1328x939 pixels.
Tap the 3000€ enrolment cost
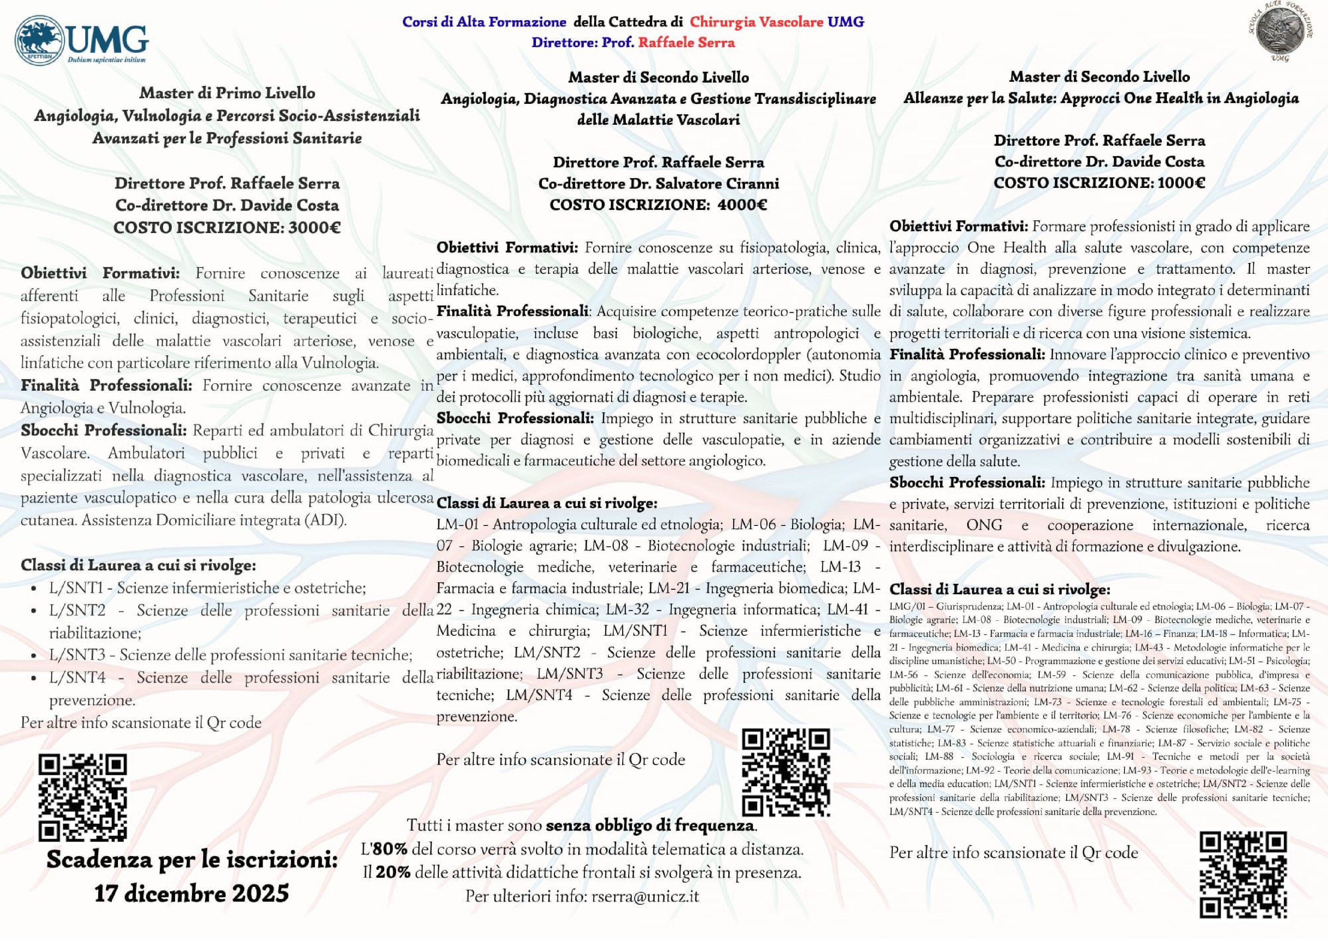pyautogui.click(x=314, y=227)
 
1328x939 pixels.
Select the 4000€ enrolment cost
pyautogui.click(x=742, y=205)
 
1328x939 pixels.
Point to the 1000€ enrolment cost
pyautogui.click(x=1181, y=183)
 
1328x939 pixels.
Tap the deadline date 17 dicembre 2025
pyautogui.click(x=192, y=893)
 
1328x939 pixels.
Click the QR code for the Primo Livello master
pyautogui.click(x=83, y=797)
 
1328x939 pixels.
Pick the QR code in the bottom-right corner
pyautogui.click(x=1243, y=874)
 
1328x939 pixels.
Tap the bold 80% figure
pyautogui.click(x=389, y=849)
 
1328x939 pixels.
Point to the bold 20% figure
pyautogui.click(x=393, y=873)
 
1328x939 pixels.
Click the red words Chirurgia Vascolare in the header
pyautogui.click(x=756, y=22)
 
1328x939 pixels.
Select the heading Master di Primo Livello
pyautogui.click(x=227, y=93)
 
